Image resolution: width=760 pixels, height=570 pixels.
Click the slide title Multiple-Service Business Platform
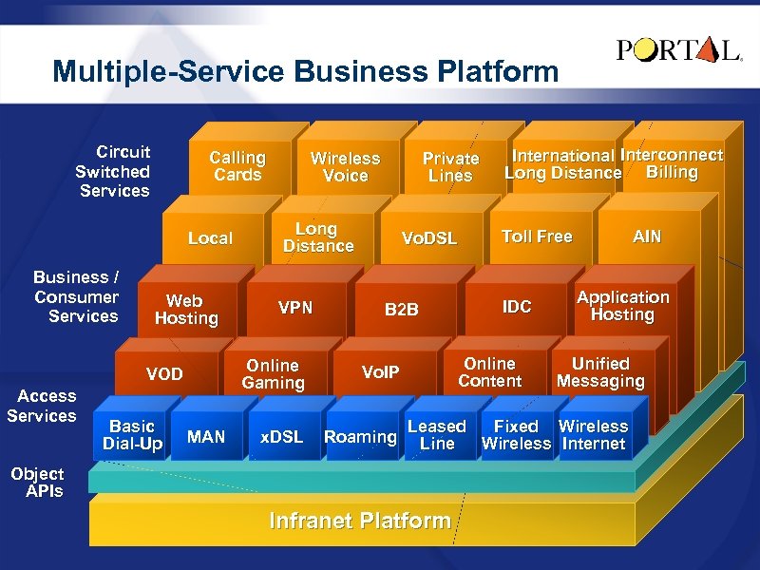(306, 71)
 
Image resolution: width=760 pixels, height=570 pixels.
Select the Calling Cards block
(237, 165)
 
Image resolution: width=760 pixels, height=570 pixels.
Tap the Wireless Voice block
(345, 166)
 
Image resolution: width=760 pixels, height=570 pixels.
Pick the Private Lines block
(450, 166)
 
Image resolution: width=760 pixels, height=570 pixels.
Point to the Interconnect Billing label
(672, 163)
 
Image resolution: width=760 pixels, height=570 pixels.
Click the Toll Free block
(537, 237)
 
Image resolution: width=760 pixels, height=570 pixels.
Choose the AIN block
(647, 237)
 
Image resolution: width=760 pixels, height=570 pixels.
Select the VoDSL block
(428, 237)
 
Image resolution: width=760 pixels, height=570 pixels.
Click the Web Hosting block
(186, 310)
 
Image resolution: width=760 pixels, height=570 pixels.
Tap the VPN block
(295, 308)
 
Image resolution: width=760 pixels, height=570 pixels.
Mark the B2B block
(401, 309)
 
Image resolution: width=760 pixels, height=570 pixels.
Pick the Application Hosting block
(622, 306)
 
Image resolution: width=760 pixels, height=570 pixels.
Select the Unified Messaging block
(600, 372)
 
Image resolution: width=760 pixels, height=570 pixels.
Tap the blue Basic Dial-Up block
(133, 435)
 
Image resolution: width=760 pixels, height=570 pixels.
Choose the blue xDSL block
(281, 437)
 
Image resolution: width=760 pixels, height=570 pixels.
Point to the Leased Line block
(437, 435)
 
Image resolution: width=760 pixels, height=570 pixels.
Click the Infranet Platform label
(360, 521)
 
